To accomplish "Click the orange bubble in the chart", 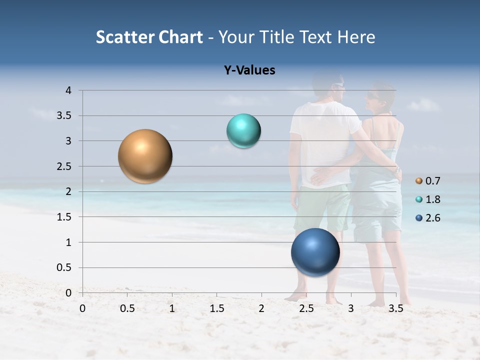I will (145, 156).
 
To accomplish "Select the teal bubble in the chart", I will (243, 131).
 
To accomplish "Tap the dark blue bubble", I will (315, 252).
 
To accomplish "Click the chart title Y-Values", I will (249, 70).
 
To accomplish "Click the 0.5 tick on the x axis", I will (127, 308).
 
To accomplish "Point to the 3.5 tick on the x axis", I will (395, 308).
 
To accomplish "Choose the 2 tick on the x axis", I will (261, 308).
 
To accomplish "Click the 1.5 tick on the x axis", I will (216, 308).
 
